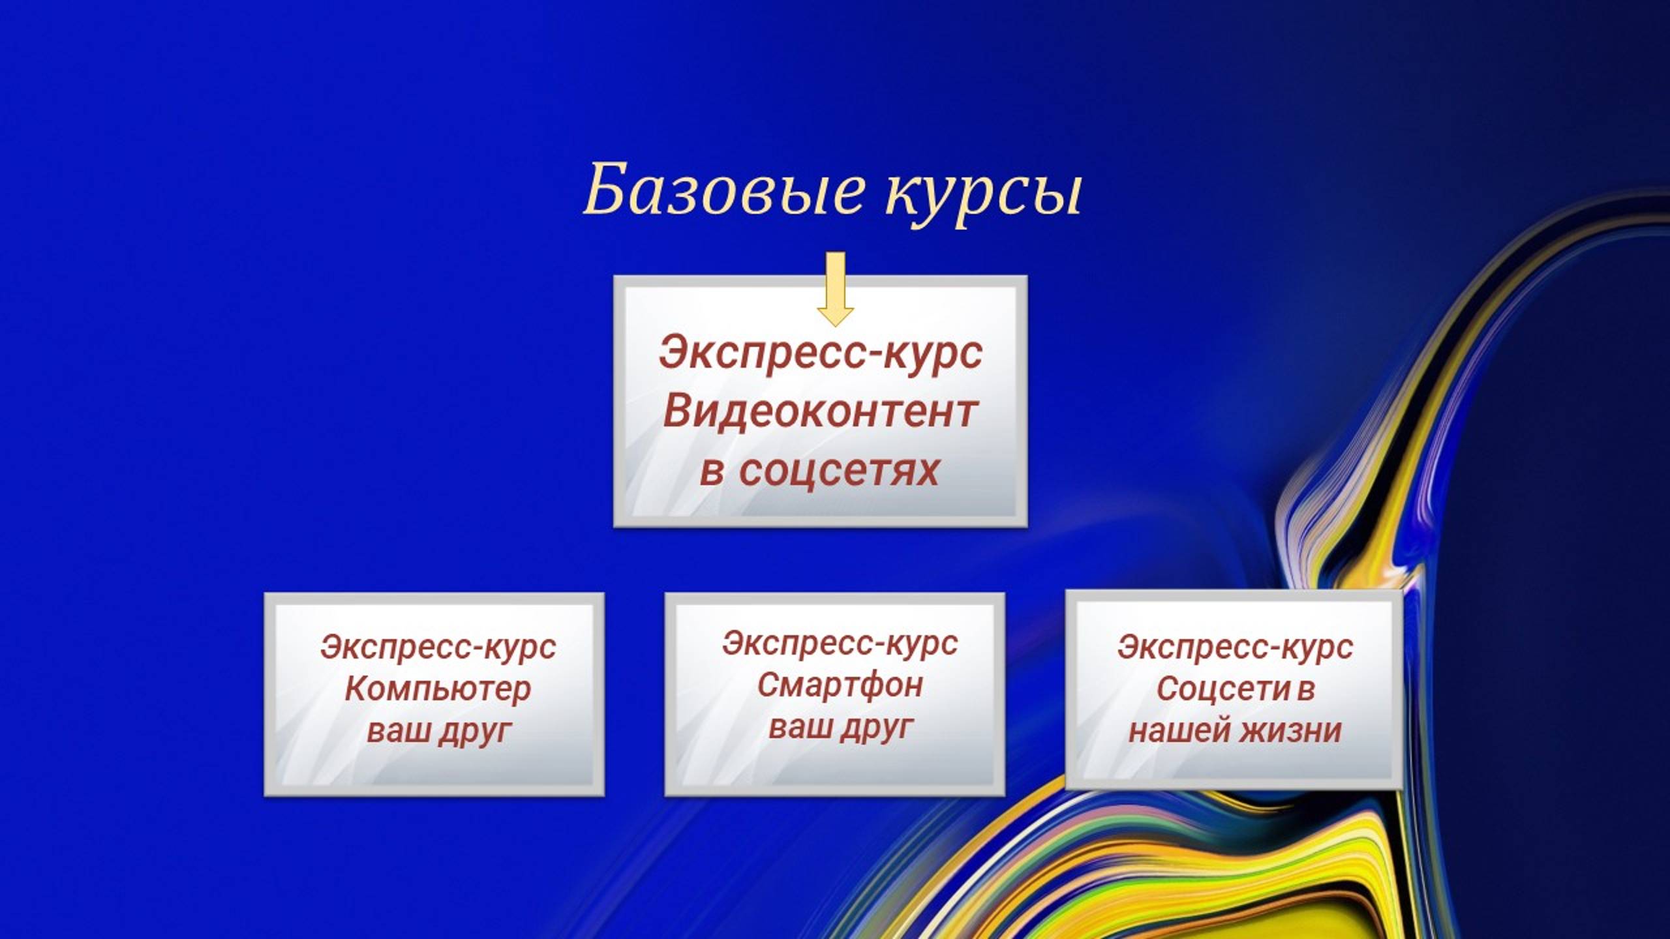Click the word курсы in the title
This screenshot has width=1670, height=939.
(x=982, y=194)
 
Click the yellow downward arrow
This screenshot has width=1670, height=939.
(x=835, y=287)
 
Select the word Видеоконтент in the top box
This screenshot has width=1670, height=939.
(x=820, y=412)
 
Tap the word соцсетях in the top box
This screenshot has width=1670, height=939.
(x=839, y=471)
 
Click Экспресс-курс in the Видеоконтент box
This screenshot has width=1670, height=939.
(x=820, y=353)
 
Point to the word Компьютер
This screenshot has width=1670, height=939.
(x=437, y=689)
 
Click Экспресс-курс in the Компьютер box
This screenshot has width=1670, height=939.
(x=437, y=648)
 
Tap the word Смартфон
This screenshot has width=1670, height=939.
(x=840, y=685)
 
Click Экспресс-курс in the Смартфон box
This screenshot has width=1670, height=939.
(x=840, y=644)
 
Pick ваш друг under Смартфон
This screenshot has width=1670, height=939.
(x=840, y=727)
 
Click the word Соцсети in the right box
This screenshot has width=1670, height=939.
(x=1223, y=689)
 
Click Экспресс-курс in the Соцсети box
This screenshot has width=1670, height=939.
(x=1235, y=648)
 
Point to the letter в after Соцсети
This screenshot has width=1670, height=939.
(x=1305, y=690)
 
